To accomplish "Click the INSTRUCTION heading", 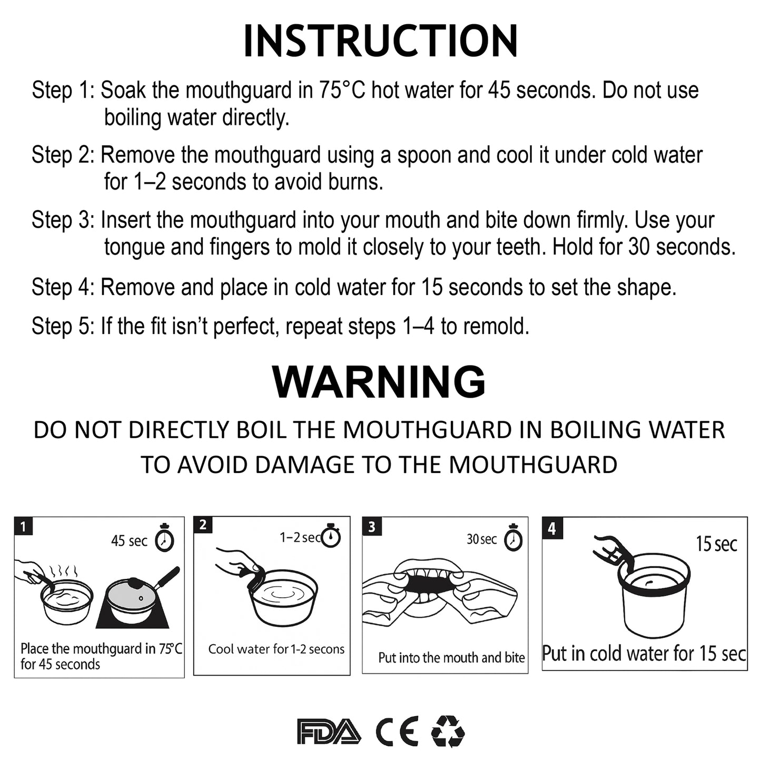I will point(380,41).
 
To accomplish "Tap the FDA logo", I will point(329,732).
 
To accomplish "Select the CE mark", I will point(397,732).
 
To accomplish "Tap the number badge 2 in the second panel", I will point(203,525).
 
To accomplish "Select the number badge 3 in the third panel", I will point(372,527).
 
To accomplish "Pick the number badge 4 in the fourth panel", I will point(552,528).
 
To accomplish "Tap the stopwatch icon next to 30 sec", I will point(513,538).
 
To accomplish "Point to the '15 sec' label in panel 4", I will point(716,544).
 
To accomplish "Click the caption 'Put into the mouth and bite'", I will point(451,658).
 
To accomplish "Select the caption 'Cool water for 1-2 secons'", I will point(276,649).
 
